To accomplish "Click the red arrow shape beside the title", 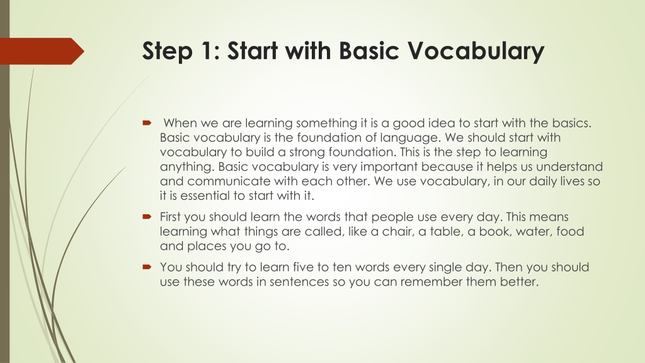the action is pos(42,51).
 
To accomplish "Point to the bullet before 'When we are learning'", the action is pos(147,123).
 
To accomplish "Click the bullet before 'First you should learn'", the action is pos(147,217).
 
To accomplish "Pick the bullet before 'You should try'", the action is pos(147,267).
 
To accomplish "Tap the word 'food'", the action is pos(570,231).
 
